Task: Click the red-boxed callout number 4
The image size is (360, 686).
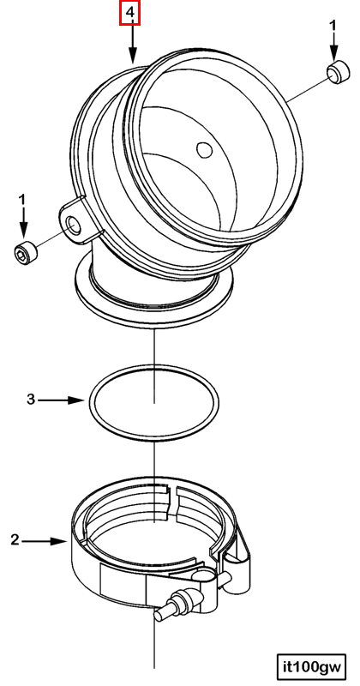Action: (x=130, y=13)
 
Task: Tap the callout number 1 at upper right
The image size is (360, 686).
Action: (x=333, y=26)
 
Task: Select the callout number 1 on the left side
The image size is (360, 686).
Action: (x=22, y=202)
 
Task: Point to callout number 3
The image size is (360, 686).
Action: (x=31, y=400)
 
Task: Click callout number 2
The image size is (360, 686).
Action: (x=15, y=540)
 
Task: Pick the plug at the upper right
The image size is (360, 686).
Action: (x=338, y=73)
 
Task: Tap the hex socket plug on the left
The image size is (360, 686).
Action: (x=24, y=251)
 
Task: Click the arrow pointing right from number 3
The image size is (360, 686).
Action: (x=61, y=400)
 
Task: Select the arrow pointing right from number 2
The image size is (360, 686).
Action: (x=45, y=541)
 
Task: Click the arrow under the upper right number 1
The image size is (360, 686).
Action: (x=333, y=47)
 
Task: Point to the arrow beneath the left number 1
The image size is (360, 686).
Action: (x=23, y=223)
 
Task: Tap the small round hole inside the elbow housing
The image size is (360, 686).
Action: (x=204, y=149)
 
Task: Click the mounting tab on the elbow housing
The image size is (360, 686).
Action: (x=79, y=221)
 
